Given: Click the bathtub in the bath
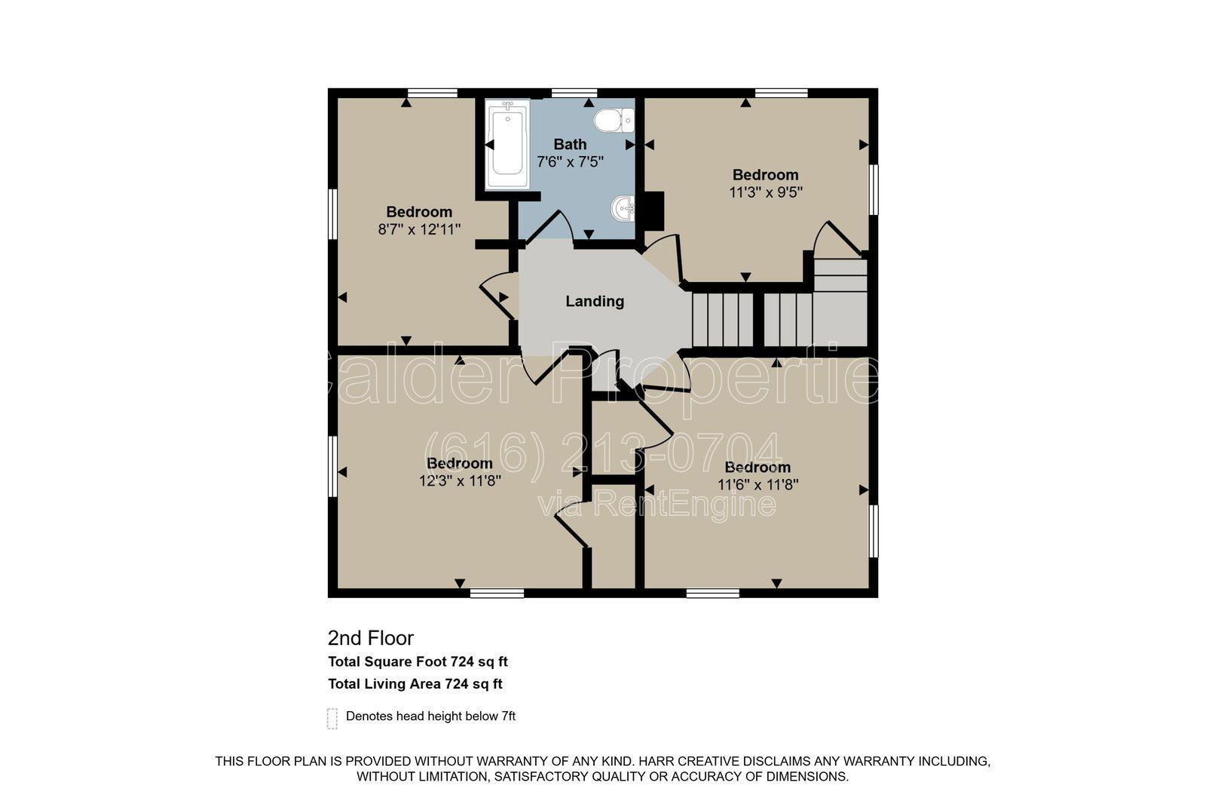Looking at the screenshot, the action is click(x=507, y=144).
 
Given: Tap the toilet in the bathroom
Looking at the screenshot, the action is click(x=614, y=120).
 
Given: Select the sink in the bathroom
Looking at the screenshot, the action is click(x=623, y=208).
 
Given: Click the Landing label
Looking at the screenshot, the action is click(x=595, y=301).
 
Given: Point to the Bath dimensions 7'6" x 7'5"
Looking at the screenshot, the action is click(x=570, y=161).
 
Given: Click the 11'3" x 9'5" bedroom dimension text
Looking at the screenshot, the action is click(x=766, y=192).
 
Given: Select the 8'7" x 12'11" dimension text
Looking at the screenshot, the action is click(x=419, y=229).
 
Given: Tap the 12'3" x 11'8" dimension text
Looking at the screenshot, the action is click(x=460, y=480).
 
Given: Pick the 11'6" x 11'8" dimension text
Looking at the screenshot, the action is click(x=758, y=485).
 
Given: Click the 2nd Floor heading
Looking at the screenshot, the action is click(x=370, y=638).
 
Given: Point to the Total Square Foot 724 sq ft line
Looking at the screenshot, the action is click(x=418, y=661).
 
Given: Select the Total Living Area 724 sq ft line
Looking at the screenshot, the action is click(x=415, y=684).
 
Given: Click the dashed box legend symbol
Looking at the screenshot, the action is click(x=332, y=719).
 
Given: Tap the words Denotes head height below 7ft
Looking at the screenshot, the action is click(x=430, y=717).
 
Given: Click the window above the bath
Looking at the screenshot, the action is click(x=574, y=93).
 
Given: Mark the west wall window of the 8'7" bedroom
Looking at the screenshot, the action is click(x=332, y=221).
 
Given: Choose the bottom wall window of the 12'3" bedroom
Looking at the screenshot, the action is click(x=497, y=594).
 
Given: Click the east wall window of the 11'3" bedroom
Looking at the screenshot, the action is click(x=874, y=189).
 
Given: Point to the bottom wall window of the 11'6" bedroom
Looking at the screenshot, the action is click(x=713, y=594).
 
